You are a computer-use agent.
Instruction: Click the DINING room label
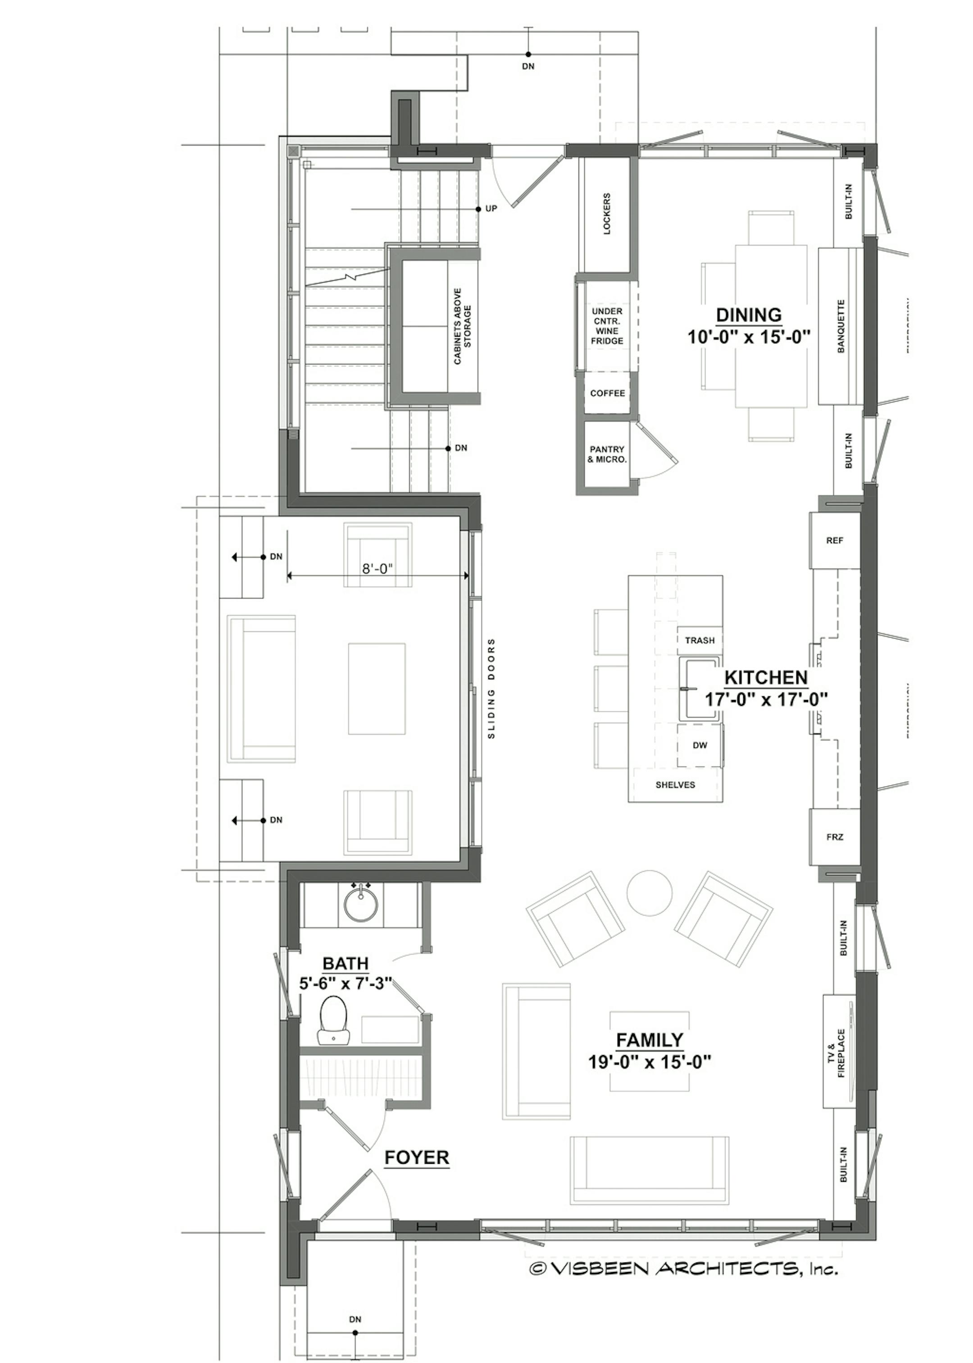(x=749, y=315)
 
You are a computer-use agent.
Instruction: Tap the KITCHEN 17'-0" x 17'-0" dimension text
(x=766, y=699)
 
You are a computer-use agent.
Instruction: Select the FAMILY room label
(x=650, y=1039)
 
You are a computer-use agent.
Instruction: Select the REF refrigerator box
(x=835, y=540)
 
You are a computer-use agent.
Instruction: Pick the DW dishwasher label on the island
(x=699, y=746)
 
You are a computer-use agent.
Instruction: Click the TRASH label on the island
(x=699, y=640)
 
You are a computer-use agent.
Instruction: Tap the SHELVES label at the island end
(x=675, y=785)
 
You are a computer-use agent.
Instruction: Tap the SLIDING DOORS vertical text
(x=491, y=688)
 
